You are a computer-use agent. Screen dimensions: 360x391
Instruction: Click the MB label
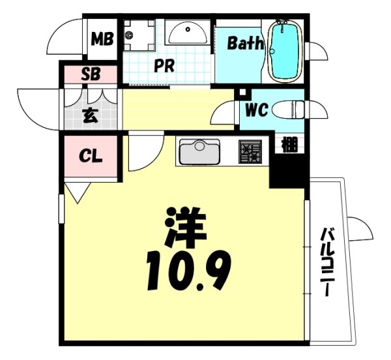102,40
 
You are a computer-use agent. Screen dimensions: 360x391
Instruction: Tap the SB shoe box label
90,74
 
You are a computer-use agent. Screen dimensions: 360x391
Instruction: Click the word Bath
245,44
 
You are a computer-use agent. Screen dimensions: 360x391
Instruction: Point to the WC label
256,110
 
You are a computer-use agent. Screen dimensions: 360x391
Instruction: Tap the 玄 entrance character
90,117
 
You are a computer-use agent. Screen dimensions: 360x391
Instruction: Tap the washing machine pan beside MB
138,34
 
